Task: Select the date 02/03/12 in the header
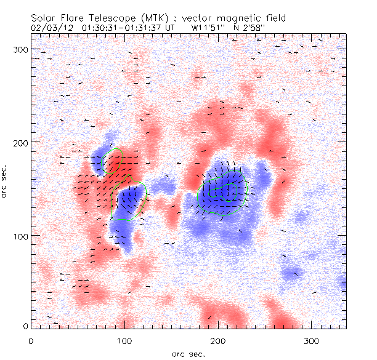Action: (x=54, y=28)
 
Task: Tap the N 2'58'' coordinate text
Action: (x=249, y=28)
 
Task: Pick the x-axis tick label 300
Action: (x=311, y=340)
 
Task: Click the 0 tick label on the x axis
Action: (x=31, y=340)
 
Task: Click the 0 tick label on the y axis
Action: (x=25, y=326)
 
